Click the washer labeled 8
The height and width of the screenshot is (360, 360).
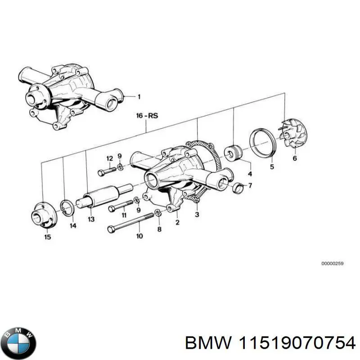coord(158,212)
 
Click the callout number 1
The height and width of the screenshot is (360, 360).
coord(139,96)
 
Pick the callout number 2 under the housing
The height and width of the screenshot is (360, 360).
coord(177,222)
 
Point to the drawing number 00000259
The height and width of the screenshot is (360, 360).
coord(332,264)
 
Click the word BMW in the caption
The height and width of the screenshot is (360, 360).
coord(207,343)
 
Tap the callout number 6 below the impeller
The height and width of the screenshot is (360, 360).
coord(295,158)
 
